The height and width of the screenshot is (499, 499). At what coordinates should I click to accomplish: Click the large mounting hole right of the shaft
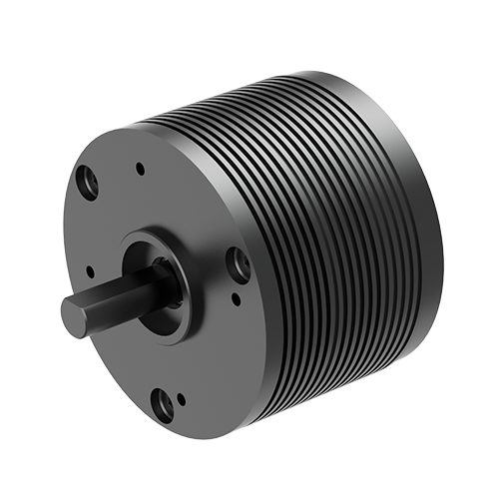tap(238, 263)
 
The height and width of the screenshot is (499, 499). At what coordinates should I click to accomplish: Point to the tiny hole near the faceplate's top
tap(141, 169)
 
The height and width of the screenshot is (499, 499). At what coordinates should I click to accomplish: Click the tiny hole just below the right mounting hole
tap(236, 296)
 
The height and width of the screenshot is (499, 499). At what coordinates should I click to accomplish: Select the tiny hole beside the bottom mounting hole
tap(182, 400)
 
